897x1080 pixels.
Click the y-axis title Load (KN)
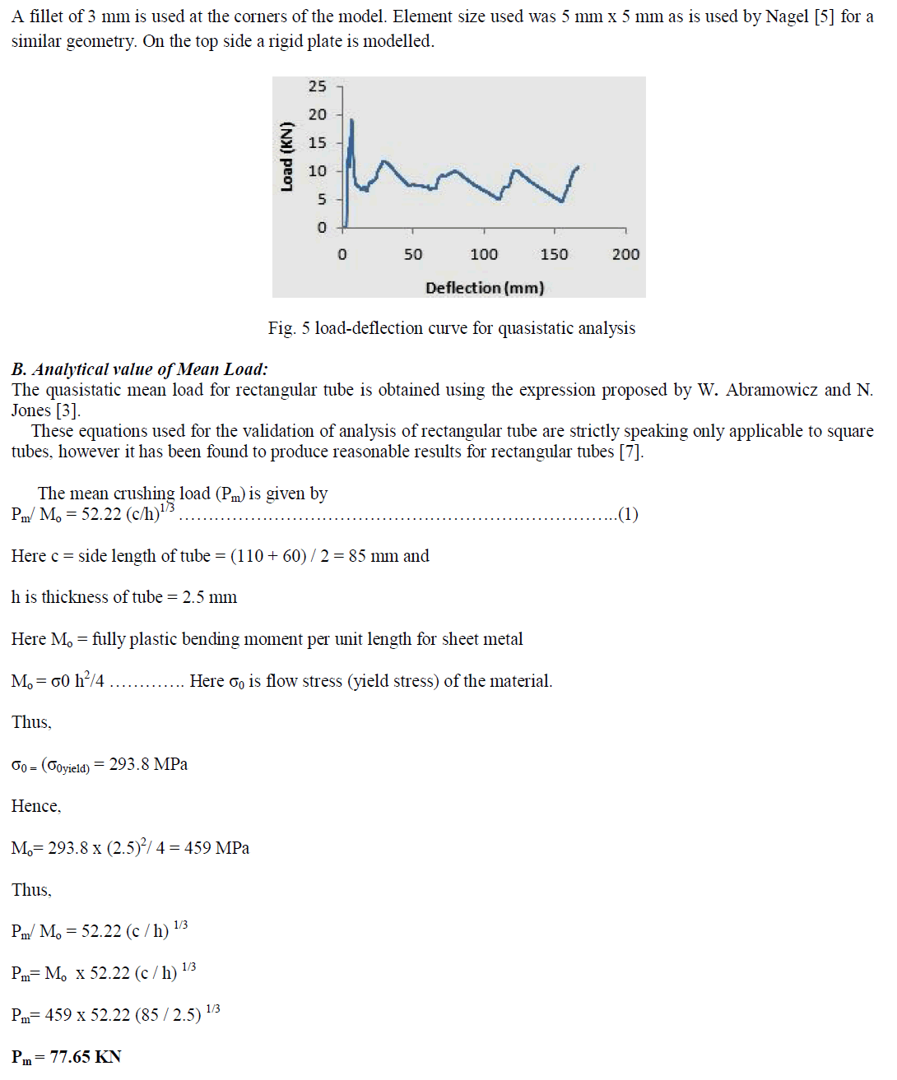286,157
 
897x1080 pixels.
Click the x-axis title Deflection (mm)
485,288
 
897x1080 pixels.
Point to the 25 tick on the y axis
318,86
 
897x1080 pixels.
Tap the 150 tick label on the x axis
554,254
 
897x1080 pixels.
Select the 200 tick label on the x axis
625,254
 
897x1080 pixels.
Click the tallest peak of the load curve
352,121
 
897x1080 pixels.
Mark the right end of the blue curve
578,167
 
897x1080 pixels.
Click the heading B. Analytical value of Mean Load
139,369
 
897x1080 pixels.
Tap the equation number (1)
628,514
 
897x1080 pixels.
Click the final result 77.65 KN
86,1057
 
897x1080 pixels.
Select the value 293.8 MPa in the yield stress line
148,764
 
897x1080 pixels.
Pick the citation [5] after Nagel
824,16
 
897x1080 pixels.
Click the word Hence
35,806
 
